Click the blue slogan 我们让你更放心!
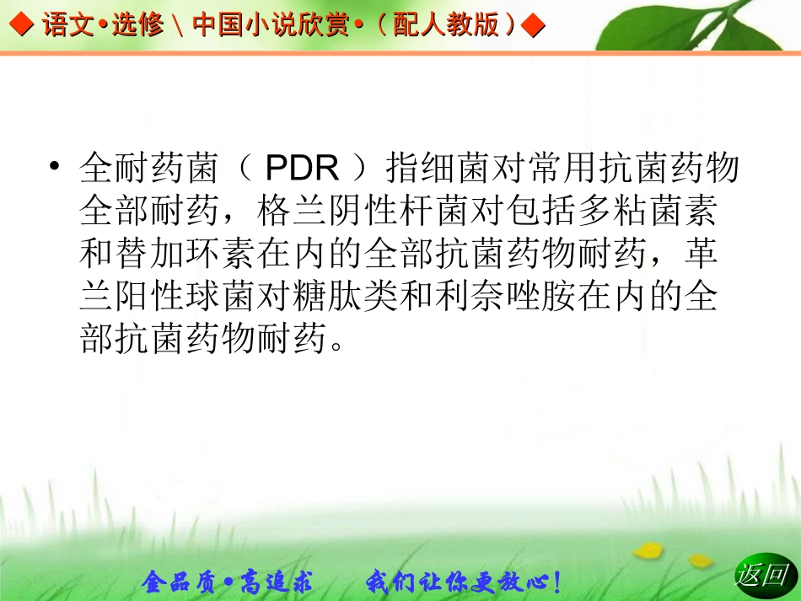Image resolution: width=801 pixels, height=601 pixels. point(464,581)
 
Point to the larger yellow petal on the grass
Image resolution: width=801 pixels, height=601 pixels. point(648,550)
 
